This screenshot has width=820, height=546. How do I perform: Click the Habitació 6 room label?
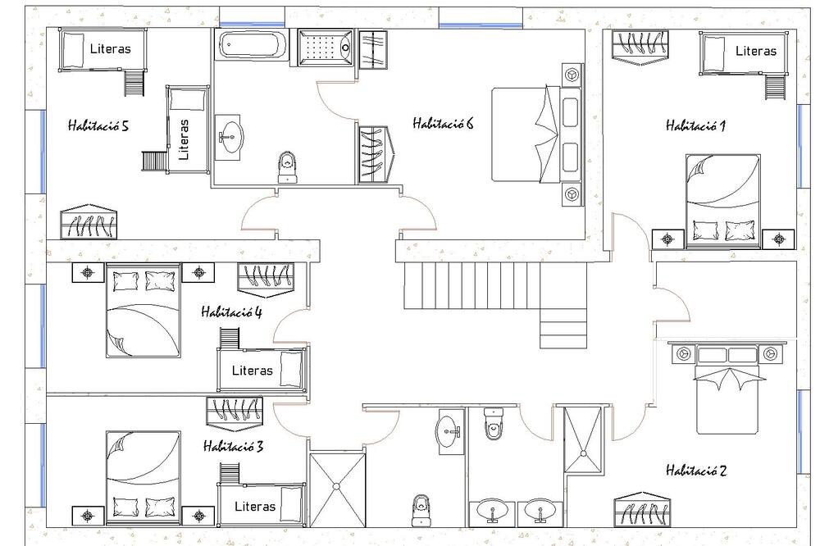[443, 124]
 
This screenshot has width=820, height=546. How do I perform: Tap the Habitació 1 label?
[695, 125]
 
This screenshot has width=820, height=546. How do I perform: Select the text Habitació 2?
[696, 471]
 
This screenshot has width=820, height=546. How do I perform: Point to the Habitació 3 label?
[233, 446]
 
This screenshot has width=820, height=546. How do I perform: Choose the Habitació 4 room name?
[232, 312]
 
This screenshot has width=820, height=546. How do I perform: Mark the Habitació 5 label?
[98, 125]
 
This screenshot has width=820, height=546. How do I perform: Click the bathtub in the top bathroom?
[253, 45]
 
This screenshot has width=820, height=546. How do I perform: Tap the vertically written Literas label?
[184, 139]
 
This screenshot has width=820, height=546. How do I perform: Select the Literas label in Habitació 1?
[756, 51]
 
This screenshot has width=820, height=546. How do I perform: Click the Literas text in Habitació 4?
[253, 371]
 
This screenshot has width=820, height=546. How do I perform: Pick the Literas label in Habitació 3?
[255, 507]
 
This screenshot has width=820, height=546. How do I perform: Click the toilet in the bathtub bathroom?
[287, 167]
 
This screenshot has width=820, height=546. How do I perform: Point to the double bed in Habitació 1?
[722, 201]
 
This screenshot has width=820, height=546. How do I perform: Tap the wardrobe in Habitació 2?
[642, 509]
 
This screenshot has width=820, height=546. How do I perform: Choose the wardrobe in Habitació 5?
[89, 221]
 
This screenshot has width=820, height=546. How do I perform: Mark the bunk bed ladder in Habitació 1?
[776, 88]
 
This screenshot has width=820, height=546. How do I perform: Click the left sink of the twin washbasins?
[492, 511]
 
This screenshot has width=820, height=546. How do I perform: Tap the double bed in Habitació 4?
[143, 310]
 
